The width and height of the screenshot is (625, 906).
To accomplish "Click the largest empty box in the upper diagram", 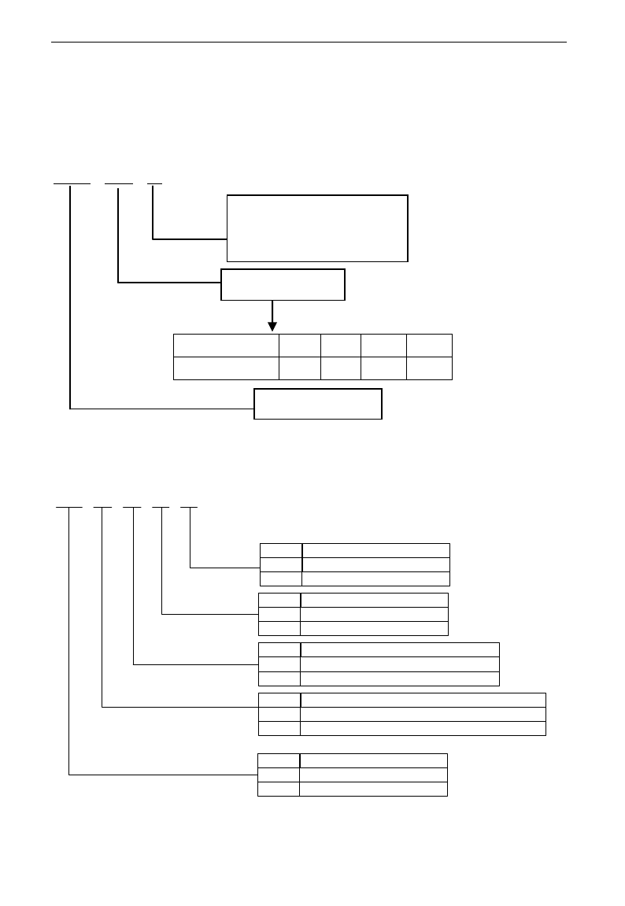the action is (317, 228).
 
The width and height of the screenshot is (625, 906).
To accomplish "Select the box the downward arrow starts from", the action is (283, 284).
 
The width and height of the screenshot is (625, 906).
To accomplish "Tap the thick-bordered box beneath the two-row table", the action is (317, 403).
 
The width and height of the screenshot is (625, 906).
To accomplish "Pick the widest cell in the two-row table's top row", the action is (226, 346).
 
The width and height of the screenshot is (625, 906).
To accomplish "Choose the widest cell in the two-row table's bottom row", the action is (226, 368).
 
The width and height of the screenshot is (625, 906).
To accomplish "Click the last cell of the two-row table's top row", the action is (429, 346).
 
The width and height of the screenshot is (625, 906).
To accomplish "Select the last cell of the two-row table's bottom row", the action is (429, 368).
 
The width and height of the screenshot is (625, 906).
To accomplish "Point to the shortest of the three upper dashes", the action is (154, 183).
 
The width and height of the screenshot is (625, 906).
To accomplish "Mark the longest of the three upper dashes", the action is (72, 183).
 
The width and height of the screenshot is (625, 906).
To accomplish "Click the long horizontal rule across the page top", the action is (309, 43).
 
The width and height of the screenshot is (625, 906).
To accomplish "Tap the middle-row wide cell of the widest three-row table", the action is (423, 715).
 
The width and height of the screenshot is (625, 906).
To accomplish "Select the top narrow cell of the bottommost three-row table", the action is (279, 760).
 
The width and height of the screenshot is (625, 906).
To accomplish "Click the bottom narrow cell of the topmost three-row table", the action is (281, 579).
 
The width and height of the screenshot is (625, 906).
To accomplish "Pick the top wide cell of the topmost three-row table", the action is (376, 550).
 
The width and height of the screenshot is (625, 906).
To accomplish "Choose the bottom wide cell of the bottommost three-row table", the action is (373, 789).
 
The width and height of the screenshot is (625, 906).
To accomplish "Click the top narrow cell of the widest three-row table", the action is (279, 701).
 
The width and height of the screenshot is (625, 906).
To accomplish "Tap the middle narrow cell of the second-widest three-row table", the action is (279, 664).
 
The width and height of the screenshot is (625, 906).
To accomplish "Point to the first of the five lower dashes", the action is (69, 508).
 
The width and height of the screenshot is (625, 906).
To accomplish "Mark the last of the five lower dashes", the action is (190, 508).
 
